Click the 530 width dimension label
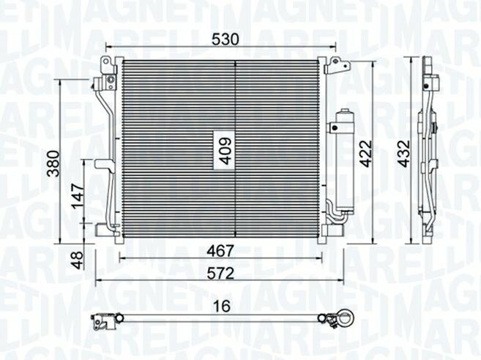225,40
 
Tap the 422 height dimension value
365,154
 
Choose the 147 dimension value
78,197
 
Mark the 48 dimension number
78,260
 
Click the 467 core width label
220,252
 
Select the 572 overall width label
220,274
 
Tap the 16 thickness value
222,306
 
